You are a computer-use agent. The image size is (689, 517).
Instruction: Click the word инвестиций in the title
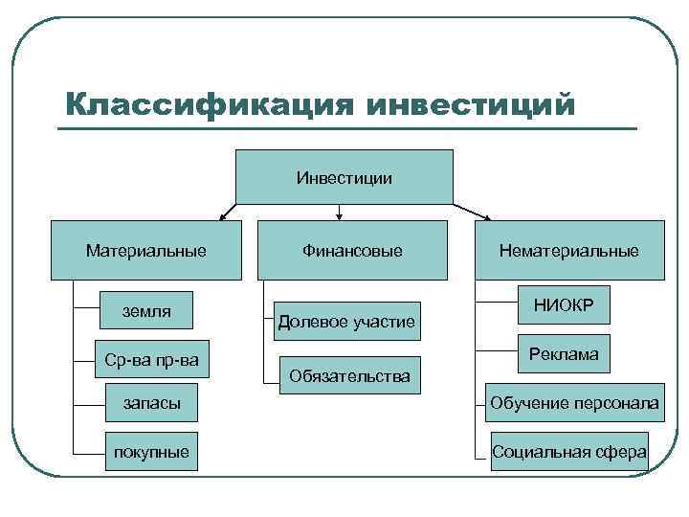(472, 103)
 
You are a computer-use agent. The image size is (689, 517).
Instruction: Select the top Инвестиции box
(344, 177)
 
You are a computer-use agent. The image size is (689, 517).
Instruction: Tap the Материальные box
(145, 251)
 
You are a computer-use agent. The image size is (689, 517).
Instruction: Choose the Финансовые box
(352, 251)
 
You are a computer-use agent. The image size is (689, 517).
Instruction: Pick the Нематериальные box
(568, 251)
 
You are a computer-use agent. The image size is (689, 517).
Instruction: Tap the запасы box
(152, 404)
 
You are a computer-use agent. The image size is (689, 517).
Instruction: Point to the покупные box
(152, 451)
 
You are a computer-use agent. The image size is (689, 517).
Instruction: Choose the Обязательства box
(345, 375)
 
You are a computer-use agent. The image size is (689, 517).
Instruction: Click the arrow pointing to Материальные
(229, 212)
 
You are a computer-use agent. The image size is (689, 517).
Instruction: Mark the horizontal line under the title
(344, 128)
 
